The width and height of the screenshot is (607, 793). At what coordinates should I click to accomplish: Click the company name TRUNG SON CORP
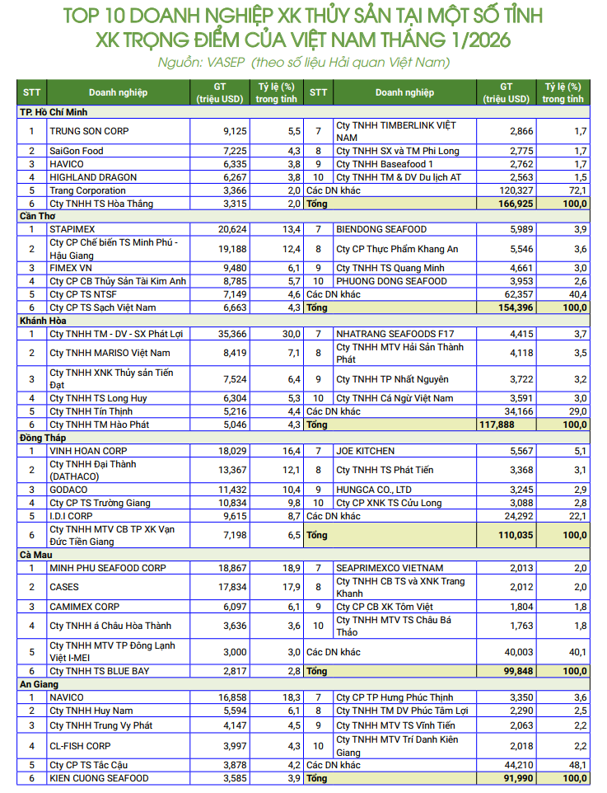pyautogui.click(x=89, y=131)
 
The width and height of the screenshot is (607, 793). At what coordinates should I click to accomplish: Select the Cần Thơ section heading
pyautogui.click(x=38, y=216)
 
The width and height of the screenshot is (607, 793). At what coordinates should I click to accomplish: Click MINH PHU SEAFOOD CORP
pyautogui.click(x=108, y=568)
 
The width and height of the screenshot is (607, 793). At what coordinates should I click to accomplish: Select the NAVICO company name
pyautogui.click(x=67, y=697)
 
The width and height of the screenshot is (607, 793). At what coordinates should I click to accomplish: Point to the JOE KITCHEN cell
pyautogui.click(x=365, y=451)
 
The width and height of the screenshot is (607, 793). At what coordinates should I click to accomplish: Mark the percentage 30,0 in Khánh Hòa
pyautogui.click(x=291, y=334)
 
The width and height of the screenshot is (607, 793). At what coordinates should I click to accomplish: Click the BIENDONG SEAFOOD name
pyautogui.click(x=381, y=228)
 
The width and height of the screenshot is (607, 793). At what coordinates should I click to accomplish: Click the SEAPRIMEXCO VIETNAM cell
pyautogui.click(x=390, y=568)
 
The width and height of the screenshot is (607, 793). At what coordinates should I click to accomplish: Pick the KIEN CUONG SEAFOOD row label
pyautogui.click(x=99, y=778)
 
